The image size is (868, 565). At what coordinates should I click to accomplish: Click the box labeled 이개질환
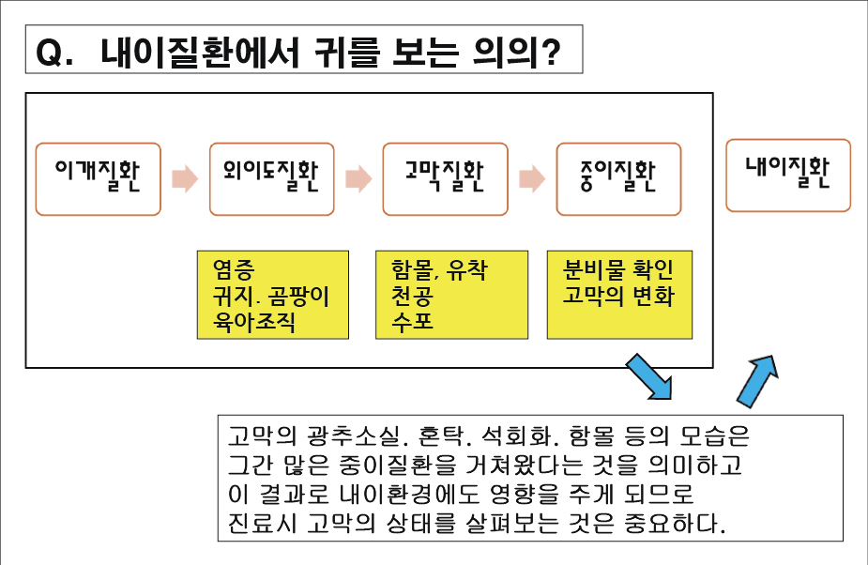pos(98,178)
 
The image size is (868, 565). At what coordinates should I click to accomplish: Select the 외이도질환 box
pos(271,178)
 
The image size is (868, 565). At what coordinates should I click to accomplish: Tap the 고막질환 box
pos(445,178)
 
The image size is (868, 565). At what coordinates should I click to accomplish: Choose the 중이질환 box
pos(618,178)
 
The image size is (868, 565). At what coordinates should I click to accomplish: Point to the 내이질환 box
pos(788,175)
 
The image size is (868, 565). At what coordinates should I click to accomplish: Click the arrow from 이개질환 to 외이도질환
pos(185,177)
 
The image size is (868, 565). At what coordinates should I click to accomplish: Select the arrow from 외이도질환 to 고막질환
pos(358,177)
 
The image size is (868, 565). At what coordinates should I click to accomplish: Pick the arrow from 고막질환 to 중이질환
pos(532,177)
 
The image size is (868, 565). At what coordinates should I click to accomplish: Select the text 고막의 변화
pos(618,297)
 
